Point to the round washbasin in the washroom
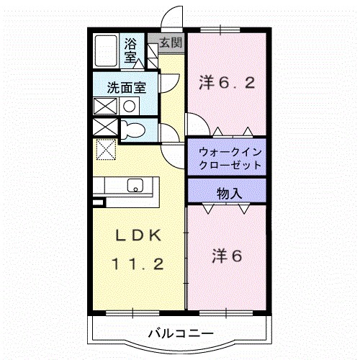[x=130, y=106]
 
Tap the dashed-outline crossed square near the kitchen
[x=106, y=150]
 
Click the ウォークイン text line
[x=225, y=153]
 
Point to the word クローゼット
[x=225, y=165]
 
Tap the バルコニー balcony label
[x=180, y=333]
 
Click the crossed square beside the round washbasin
[x=105, y=106]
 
